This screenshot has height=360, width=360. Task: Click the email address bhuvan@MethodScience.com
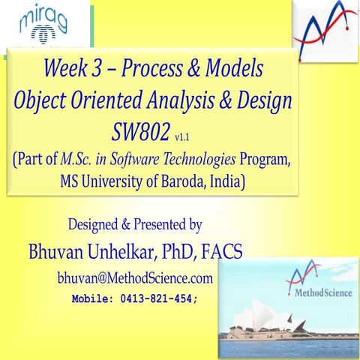click(x=135, y=278)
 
